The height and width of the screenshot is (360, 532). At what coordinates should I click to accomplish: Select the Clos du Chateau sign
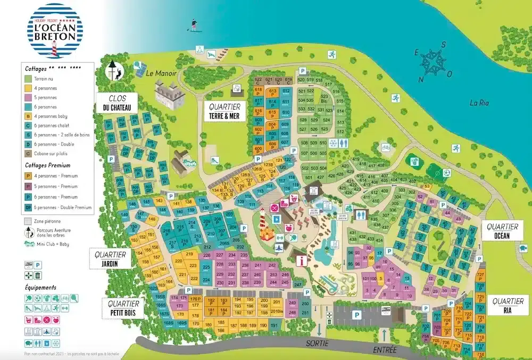tap(117, 103)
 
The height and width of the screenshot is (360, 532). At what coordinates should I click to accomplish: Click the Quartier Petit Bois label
tap(123, 308)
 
